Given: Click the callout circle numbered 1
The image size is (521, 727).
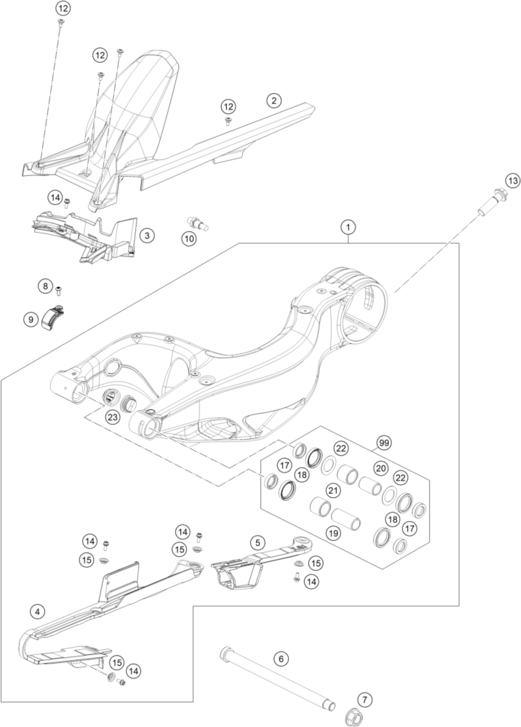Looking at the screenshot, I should [x=348, y=228].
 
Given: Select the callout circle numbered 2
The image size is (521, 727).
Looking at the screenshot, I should [x=274, y=100].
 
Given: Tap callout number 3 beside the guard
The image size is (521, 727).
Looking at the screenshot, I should [x=147, y=235].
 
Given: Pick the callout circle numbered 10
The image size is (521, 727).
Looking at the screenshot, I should [x=189, y=239].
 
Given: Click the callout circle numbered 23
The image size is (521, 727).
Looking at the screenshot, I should [x=114, y=417].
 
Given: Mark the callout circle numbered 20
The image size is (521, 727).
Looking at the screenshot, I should [x=381, y=468].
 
